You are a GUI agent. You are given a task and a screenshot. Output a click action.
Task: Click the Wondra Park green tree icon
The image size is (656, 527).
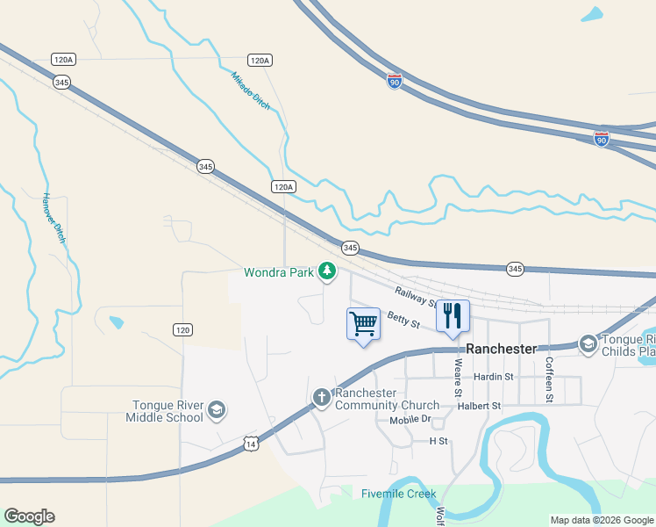coord(327,272)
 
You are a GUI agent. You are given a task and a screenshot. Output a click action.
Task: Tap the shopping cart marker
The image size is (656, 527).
coord(363,324)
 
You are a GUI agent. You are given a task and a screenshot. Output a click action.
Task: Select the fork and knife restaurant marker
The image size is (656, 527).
coord(453,316)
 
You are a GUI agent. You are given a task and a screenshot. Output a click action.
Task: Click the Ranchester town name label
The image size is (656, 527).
coord(501,349)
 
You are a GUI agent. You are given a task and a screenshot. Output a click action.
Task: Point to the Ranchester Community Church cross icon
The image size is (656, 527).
coord(322,398)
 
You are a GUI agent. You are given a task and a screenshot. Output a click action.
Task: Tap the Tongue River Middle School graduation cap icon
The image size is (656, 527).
coord(216,410)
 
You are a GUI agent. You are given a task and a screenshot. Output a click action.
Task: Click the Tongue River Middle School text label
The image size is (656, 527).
coord(167,410)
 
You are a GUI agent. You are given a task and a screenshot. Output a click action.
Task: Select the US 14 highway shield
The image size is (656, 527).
coord(251,445)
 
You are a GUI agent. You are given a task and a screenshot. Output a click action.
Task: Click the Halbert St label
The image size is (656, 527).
coord(477,406)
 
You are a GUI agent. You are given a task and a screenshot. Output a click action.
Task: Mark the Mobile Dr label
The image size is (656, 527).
coord(411,419)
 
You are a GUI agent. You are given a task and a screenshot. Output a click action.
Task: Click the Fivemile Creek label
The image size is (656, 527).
coord(398,494)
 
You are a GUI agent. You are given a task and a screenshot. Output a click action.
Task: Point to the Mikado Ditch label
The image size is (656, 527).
coord(251,90)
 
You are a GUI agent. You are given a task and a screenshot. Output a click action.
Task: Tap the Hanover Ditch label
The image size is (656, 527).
coord(54,219)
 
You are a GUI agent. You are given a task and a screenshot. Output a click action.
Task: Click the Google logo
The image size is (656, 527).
coord(29,516)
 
